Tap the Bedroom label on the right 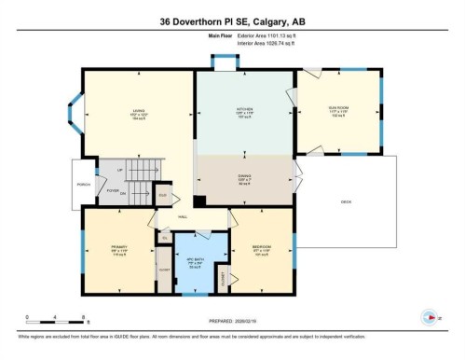point(262,247)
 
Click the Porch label point(82,184)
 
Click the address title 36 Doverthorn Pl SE point(232,20)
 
